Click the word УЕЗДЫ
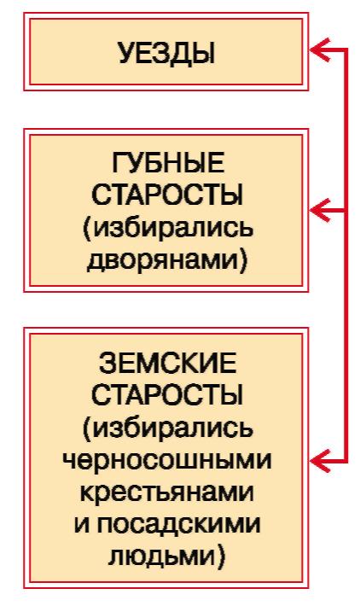(166, 53)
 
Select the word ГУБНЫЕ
(168, 163)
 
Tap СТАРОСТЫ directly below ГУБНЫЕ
(167, 195)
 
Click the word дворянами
(162, 260)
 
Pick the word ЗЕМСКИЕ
(167, 364)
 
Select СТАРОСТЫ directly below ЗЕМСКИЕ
(167, 395)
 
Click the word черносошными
(167, 461)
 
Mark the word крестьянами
(167, 493)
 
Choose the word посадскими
(178, 525)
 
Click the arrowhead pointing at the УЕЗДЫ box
(320, 50)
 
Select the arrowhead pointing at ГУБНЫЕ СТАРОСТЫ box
(320, 211)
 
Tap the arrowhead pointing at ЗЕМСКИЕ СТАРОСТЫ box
(320, 461)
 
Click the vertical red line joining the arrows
(345, 255)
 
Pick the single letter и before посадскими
(81, 526)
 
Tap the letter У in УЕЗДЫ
(126, 53)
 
